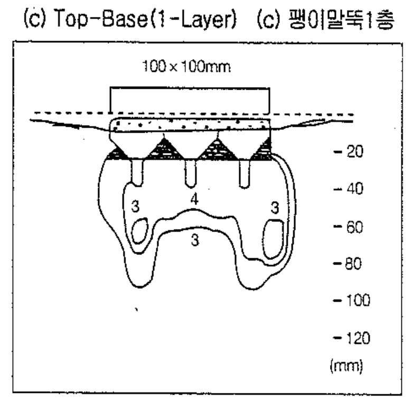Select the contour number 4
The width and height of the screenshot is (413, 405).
coord(194,200)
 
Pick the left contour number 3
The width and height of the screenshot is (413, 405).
coord(135,207)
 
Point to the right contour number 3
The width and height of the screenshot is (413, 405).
coord(275,208)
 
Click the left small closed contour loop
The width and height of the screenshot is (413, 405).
coord(139,232)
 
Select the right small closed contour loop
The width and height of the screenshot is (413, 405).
coord(273,238)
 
